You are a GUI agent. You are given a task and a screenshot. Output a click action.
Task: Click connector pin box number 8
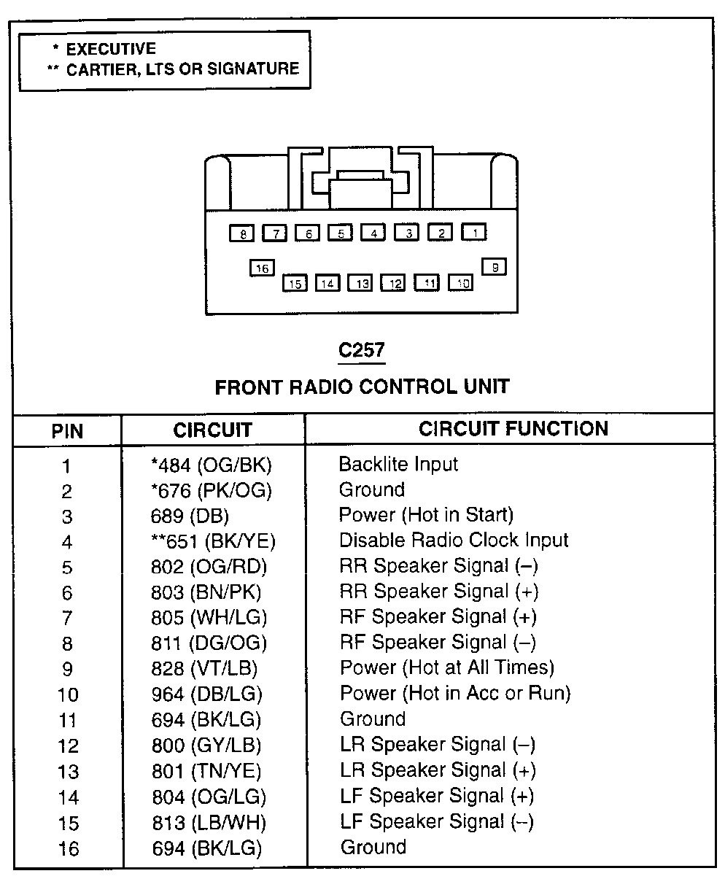(242, 233)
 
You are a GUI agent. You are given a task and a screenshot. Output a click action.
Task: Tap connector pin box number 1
(474, 232)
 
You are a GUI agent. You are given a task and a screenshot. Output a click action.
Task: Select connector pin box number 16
(262, 268)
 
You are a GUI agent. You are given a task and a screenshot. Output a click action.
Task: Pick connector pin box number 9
(494, 267)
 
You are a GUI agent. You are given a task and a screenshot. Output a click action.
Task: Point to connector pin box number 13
(360, 283)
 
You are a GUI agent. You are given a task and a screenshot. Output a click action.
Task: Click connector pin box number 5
(341, 233)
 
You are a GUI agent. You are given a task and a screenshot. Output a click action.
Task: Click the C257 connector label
(362, 350)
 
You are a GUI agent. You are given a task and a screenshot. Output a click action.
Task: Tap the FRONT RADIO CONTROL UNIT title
(362, 387)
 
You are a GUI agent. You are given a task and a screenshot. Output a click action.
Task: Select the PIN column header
(67, 431)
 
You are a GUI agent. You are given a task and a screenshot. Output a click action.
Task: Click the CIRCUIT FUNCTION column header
(513, 429)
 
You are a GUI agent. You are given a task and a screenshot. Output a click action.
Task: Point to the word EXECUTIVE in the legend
(111, 49)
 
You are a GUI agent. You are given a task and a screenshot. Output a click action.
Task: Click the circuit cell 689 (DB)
(190, 516)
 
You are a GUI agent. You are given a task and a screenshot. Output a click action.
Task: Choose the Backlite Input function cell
(398, 465)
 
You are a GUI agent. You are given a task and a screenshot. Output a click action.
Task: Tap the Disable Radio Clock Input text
(454, 540)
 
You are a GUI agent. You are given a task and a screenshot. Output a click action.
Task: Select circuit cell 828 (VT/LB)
(204, 668)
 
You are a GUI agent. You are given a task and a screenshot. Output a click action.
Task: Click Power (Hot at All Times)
(447, 667)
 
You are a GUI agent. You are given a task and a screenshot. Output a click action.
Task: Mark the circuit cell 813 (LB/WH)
(209, 823)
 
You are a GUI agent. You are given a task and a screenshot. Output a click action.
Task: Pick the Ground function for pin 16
(373, 847)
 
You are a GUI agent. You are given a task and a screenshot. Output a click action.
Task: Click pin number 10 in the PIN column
(68, 695)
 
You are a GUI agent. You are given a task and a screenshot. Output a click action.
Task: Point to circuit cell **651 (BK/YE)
(213, 541)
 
